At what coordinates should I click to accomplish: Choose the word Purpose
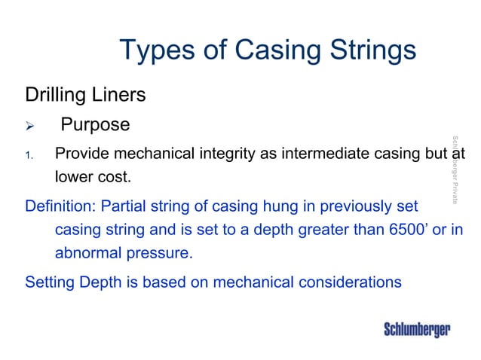[x=95, y=124]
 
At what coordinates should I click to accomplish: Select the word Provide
[x=82, y=154]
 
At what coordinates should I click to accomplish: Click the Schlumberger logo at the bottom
[x=417, y=330]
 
